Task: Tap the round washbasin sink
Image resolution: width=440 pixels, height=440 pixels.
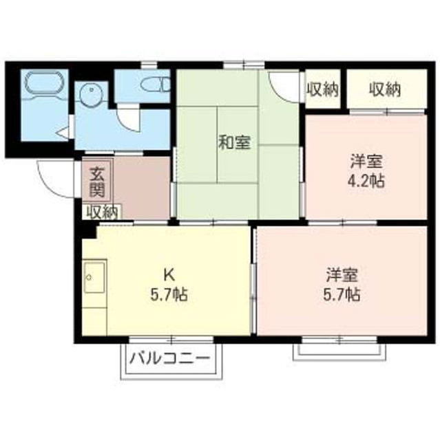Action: click(x=90, y=93)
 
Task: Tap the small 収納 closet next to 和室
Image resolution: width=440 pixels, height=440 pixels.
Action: click(x=322, y=89)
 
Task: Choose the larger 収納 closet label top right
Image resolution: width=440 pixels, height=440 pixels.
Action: click(x=385, y=89)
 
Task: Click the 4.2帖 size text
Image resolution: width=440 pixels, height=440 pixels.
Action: click(x=366, y=181)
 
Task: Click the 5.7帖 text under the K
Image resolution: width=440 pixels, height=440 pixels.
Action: click(x=169, y=296)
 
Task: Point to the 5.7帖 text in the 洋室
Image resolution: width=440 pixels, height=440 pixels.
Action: click(x=342, y=296)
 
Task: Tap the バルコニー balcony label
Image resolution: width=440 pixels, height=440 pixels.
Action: click(x=169, y=359)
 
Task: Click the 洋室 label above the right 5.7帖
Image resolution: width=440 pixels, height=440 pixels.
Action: click(x=342, y=276)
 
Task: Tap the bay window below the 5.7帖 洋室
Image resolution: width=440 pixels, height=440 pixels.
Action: click(x=339, y=349)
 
